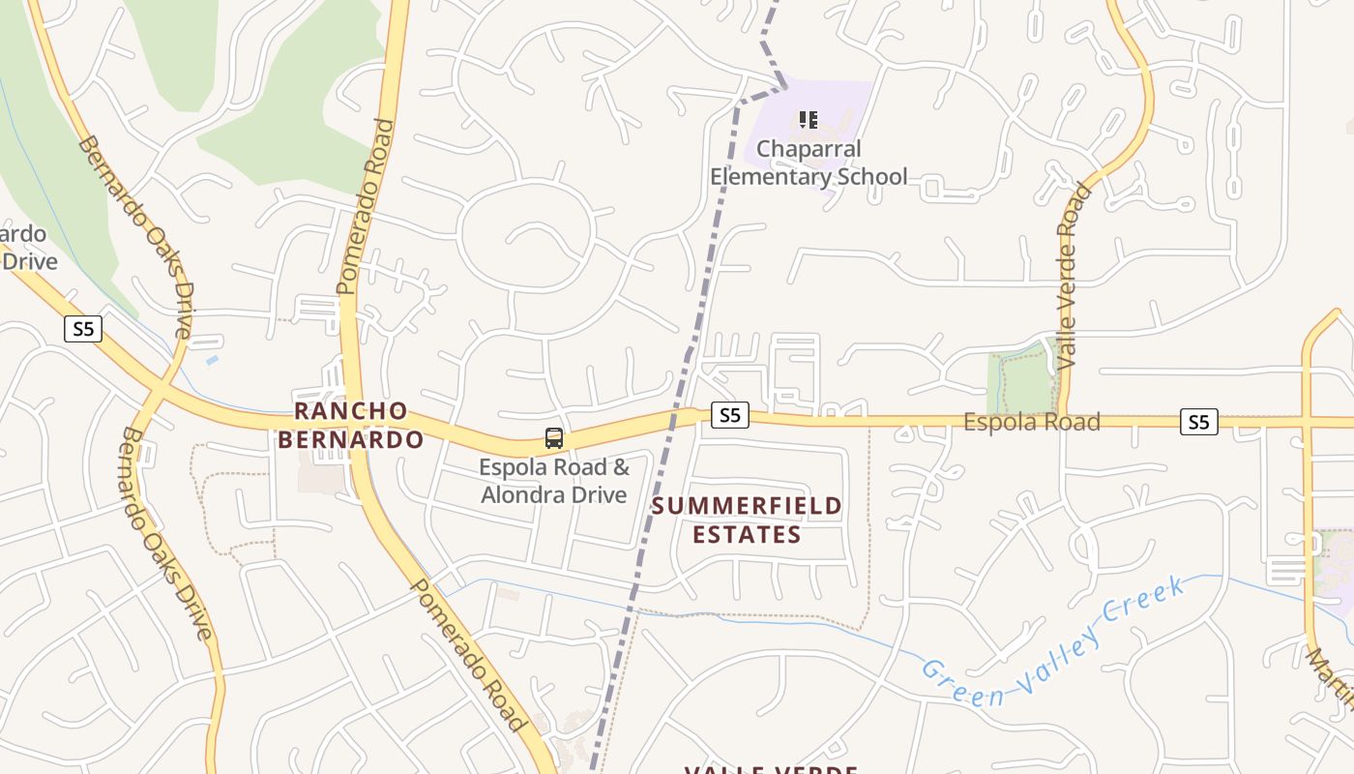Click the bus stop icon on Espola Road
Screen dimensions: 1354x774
pyautogui.click(x=553, y=438)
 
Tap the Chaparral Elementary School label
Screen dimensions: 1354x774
pyautogui.click(x=809, y=163)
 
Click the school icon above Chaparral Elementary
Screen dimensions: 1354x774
pyautogui.click(x=809, y=120)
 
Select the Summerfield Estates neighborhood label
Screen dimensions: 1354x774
pyautogui.click(x=746, y=520)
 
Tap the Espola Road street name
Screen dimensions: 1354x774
pyautogui.click(x=1031, y=422)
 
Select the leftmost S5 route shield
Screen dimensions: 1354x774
pyautogui.click(x=84, y=329)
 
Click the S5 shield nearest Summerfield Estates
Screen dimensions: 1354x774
pyautogui.click(x=729, y=415)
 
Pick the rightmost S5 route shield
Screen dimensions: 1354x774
pyautogui.click(x=1198, y=422)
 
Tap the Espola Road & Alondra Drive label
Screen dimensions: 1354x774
pyautogui.click(x=554, y=481)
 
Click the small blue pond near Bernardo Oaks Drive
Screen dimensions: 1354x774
pyautogui.click(x=212, y=360)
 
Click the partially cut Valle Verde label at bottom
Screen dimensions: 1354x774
pyautogui.click(x=771, y=769)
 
